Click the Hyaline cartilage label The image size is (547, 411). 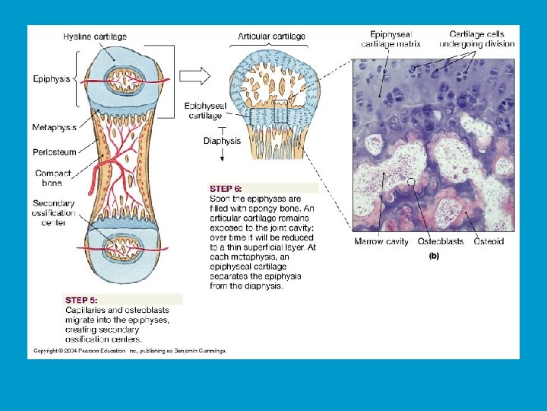pyautogui.click(x=95, y=37)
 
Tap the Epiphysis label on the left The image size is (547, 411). pyautogui.click(x=52, y=78)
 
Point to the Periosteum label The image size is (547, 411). pyautogui.click(x=55, y=152)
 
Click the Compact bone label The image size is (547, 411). pyautogui.click(x=53, y=178)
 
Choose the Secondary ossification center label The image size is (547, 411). pyautogui.click(x=54, y=213)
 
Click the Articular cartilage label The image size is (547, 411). pyautogui.click(x=272, y=37)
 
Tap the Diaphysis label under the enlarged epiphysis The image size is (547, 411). pyautogui.click(x=222, y=140)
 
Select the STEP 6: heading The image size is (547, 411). pyautogui.click(x=226, y=187)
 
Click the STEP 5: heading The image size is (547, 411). pyautogui.click(x=81, y=300)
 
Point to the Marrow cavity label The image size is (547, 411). pyautogui.click(x=381, y=242)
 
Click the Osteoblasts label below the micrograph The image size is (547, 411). pyautogui.click(x=441, y=242)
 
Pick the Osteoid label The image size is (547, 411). pyautogui.click(x=489, y=242)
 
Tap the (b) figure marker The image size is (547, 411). pyautogui.click(x=433, y=256)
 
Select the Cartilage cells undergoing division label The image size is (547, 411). pyautogui.click(x=482, y=39)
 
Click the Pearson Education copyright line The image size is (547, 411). pyautogui.click(x=129, y=351)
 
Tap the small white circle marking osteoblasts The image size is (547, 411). pyautogui.click(x=411, y=182)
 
